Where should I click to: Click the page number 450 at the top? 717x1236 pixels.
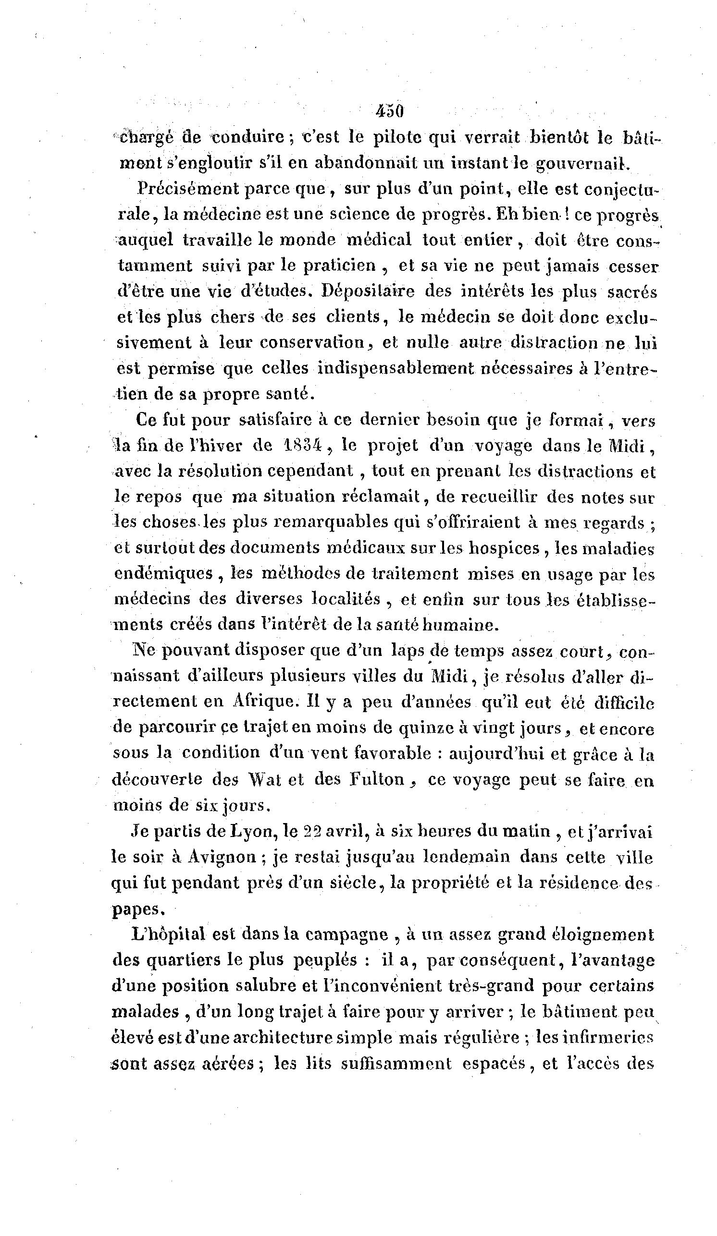coord(389,111)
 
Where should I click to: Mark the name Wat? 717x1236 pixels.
coord(265,780)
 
